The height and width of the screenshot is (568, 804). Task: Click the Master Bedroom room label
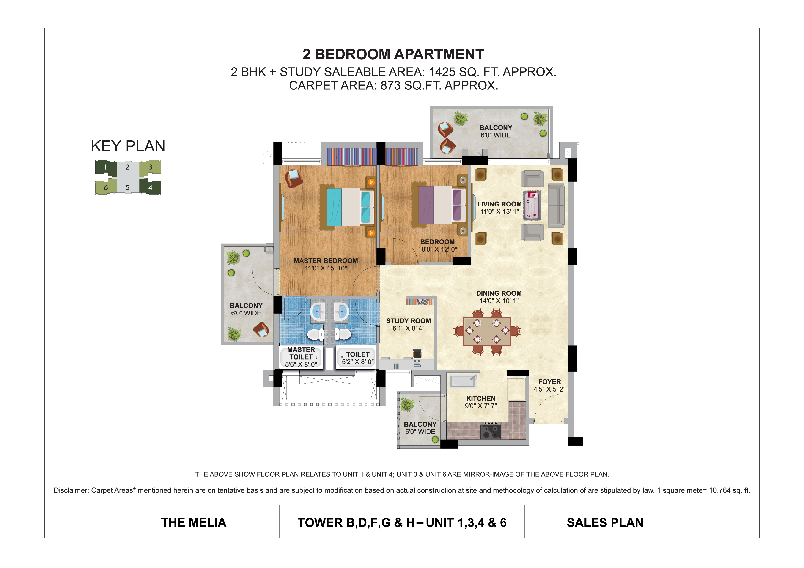click(x=326, y=261)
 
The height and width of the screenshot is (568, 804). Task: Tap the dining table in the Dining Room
click(x=487, y=331)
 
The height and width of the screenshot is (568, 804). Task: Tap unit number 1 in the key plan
click(x=105, y=167)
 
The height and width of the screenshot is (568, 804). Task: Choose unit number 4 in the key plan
click(x=150, y=188)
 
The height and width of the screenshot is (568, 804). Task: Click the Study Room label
click(x=408, y=321)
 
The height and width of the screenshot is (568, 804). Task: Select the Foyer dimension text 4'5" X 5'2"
click(x=549, y=389)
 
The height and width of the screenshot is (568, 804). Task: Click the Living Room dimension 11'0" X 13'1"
click(x=499, y=212)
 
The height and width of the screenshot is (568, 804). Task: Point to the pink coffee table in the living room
click(x=532, y=205)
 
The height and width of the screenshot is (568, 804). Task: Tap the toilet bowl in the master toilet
click(x=316, y=334)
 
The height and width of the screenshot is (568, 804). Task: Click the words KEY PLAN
click(x=128, y=146)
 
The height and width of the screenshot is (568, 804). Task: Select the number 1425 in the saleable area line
click(x=442, y=72)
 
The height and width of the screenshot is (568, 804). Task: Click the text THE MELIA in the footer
click(x=194, y=522)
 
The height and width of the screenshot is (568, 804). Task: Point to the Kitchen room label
click(x=481, y=398)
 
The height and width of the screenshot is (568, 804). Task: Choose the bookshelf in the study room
click(x=420, y=301)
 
